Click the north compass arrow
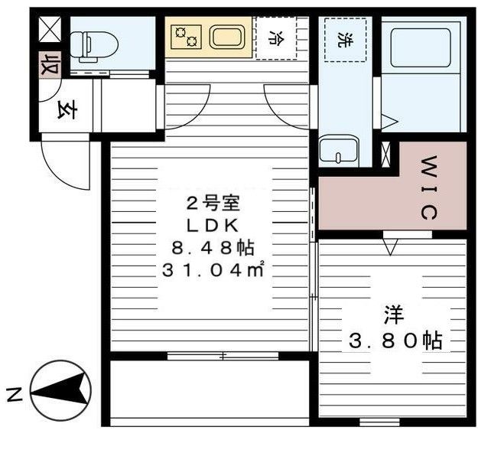(x=60, y=393)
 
